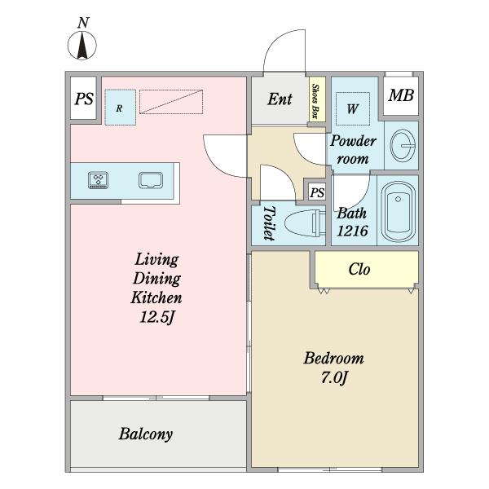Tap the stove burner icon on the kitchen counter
(x=99, y=180)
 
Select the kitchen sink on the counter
(x=151, y=180)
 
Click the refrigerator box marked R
(x=120, y=108)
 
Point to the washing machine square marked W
(x=353, y=108)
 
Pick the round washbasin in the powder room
(x=403, y=146)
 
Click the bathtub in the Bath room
(x=398, y=211)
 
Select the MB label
(x=401, y=95)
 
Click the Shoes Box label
(x=315, y=101)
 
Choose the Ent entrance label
(x=280, y=99)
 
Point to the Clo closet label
(x=359, y=269)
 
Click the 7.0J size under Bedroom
(x=334, y=378)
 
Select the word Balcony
(x=146, y=434)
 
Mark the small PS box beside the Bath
(x=317, y=192)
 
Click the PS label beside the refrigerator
(x=84, y=99)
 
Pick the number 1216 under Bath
(x=352, y=231)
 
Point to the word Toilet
(x=269, y=223)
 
